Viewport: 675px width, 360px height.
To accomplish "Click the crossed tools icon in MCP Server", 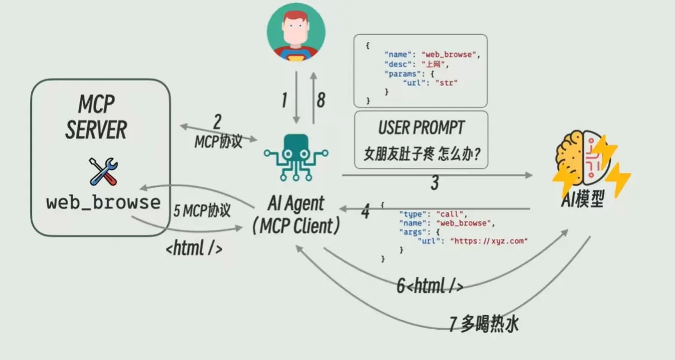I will point(103,171).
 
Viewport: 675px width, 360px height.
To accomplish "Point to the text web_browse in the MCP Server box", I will point(103,202).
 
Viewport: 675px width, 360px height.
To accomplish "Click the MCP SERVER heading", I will point(96,117).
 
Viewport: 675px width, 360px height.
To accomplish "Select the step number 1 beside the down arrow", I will point(284,101).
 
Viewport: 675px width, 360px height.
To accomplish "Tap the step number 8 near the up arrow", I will point(320,101).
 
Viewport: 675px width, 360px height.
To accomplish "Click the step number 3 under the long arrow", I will point(434,183).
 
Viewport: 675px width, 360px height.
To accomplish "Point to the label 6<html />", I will point(430,286).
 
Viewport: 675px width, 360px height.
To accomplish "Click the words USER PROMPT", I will point(421,128).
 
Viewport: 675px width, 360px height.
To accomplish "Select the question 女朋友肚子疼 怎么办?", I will point(421,153).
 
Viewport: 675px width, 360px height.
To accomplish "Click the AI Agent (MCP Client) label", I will point(296,215).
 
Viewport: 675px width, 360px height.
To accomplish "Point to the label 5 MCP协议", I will point(202,211).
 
